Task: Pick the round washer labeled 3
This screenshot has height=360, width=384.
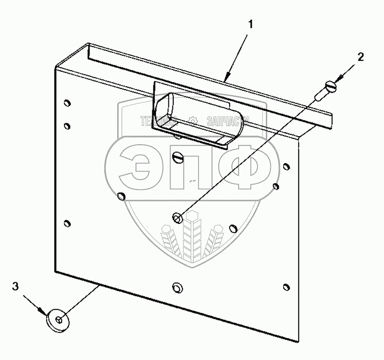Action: coord(58,320)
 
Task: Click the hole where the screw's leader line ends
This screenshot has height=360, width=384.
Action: coord(177,218)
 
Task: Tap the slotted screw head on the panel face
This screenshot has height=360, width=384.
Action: coord(178,159)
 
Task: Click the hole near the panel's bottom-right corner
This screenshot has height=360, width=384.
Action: coord(287,286)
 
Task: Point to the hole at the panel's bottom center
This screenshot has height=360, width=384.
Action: coord(176,288)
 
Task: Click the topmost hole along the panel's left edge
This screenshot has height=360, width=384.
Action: coord(66,103)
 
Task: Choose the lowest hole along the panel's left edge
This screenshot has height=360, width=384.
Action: coord(66,223)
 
